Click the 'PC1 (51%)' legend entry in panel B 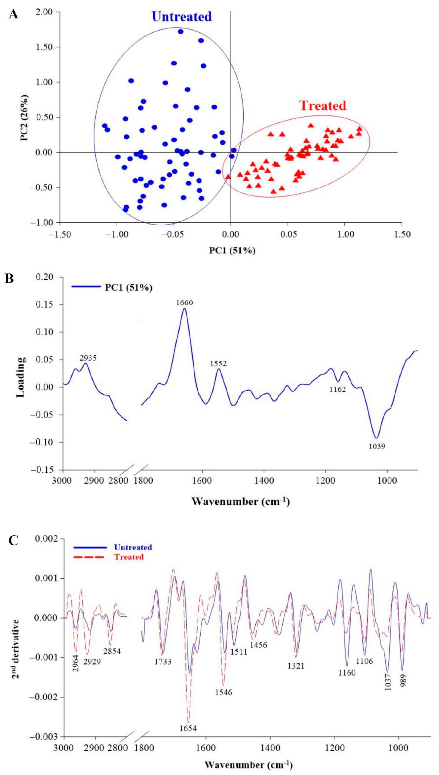pyautogui.click(x=128, y=288)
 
